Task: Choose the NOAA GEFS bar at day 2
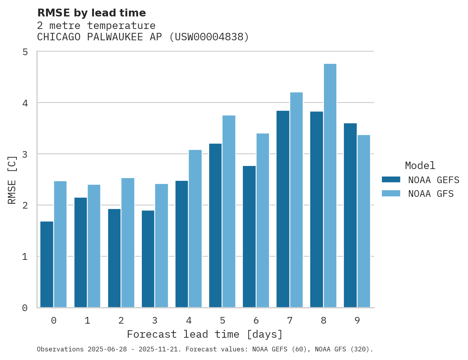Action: click(114, 258)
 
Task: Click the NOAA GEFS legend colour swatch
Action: click(391, 180)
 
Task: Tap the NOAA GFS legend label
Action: click(431, 194)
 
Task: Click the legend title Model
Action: click(420, 166)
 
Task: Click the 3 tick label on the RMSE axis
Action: click(25, 154)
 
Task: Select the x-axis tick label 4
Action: click(189, 321)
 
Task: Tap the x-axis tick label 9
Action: click(357, 321)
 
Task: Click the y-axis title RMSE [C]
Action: click(12, 180)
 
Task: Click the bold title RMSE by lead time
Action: click(92, 13)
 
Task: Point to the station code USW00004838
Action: click(210, 37)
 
